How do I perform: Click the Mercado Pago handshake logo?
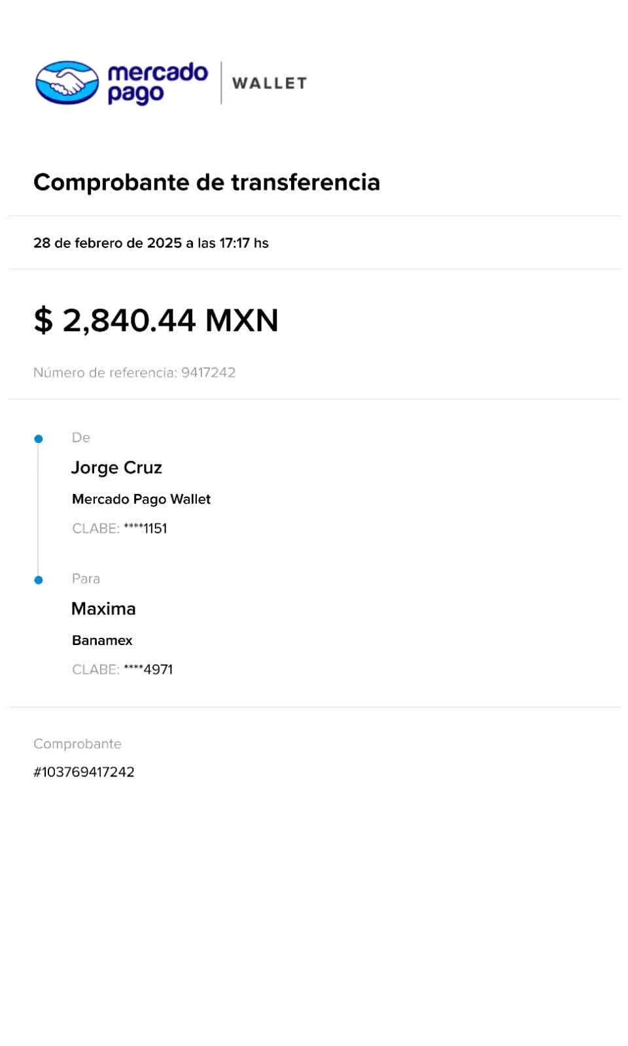(67, 82)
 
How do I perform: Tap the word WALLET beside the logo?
(270, 83)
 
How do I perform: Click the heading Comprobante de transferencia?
(207, 182)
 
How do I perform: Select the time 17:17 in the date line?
(234, 243)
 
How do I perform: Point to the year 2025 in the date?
(164, 243)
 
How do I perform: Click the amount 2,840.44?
(129, 320)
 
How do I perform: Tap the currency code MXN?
(242, 320)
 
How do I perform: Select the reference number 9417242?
(208, 372)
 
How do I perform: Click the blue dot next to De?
(39, 439)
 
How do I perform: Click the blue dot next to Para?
(39, 580)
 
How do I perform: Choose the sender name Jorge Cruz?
(116, 468)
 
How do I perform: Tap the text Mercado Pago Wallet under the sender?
(141, 499)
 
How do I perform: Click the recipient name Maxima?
(103, 609)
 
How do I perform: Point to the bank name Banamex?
(102, 640)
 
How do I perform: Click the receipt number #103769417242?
(84, 772)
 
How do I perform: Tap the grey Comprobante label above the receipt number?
(77, 744)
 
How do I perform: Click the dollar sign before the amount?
(43, 320)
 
